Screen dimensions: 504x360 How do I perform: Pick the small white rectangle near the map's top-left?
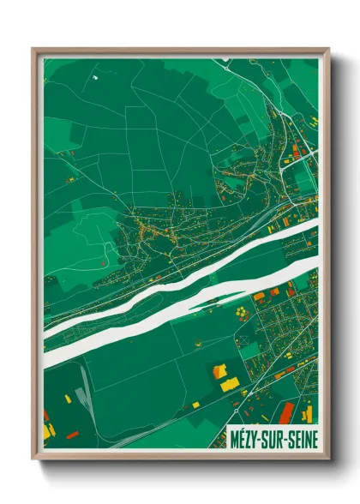click(x=95, y=77)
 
